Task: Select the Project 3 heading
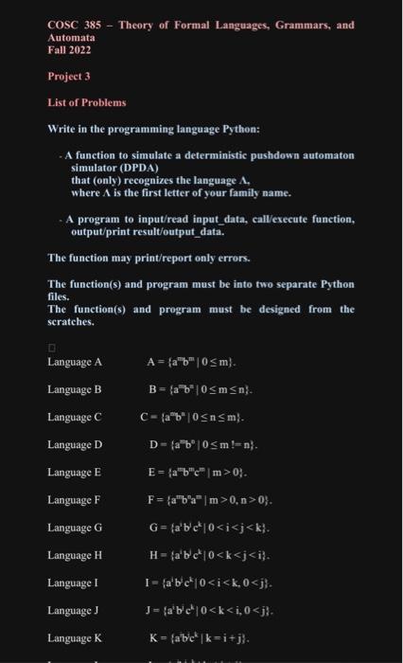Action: coord(68,77)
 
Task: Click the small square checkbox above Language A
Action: coord(51,345)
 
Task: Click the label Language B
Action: coord(75,389)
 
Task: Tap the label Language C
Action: coord(75,417)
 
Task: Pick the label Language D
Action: coord(75,444)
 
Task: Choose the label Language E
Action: coord(75,471)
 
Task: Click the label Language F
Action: coord(75,498)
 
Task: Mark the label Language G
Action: coord(75,526)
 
